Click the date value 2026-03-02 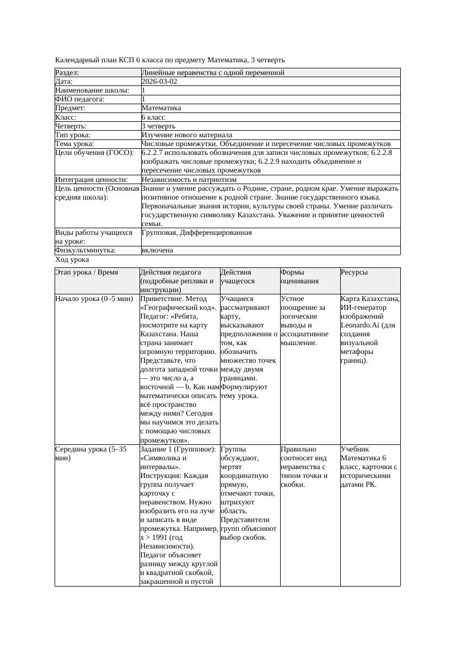point(159,82)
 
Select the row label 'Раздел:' point(67,73)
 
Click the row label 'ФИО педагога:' point(80,99)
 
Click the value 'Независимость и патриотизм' point(189,180)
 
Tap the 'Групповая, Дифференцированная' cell point(196,233)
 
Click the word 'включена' point(157,250)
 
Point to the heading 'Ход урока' point(72,260)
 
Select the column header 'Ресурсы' point(354,272)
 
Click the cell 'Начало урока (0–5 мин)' point(94,299)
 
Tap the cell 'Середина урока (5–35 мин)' point(91,453)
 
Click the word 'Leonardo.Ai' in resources point(360,325)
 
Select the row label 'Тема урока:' point(76,144)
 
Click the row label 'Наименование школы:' point(92,90)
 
